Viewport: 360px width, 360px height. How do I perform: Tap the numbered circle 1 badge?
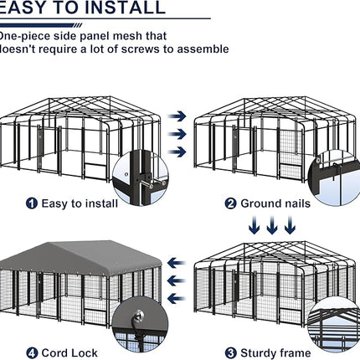pyautogui.click(x=32, y=203)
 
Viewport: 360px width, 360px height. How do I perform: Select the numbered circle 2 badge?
pyautogui.click(x=229, y=203)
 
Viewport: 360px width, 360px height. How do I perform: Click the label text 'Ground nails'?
pyautogui.click(x=275, y=203)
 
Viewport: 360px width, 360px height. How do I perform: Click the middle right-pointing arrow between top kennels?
pyautogui.click(x=177, y=134)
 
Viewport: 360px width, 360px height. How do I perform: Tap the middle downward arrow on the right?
pyautogui.click(x=271, y=225)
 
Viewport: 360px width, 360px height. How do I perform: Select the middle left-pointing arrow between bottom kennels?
pyautogui.click(x=175, y=280)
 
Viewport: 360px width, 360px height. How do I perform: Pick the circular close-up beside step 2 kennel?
pyautogui.click(x=339, y=176)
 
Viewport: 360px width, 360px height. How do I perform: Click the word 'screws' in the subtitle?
pyautogui.click(x=171, y=49)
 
